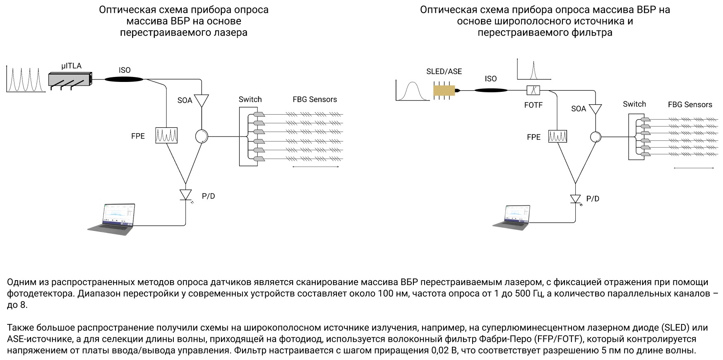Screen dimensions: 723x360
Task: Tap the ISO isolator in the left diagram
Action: click(x=124, y=79)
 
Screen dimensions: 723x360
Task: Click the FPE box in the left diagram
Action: click(x=166, y=135)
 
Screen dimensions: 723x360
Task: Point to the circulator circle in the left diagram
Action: click(x=201, y=136)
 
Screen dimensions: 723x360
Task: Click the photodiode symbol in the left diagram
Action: click(x=185, y=194)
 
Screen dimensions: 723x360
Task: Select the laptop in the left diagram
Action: click(x=113, y=219)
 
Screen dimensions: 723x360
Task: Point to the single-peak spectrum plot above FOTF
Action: click(x=533, y=69)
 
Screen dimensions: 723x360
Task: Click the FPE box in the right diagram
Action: click(x=557, y=136)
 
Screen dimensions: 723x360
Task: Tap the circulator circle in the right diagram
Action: click(x=596, y=137)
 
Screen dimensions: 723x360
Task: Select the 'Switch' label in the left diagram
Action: click(x=250, y=99)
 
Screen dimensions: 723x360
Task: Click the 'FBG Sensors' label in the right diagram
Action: click(x=690, y=105)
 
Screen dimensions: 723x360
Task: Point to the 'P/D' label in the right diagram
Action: click(x=593, y=199)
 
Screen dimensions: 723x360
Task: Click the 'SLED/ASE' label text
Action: click(x=444, y=72)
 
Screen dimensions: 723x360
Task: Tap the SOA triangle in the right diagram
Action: click(x=596, y=109)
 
